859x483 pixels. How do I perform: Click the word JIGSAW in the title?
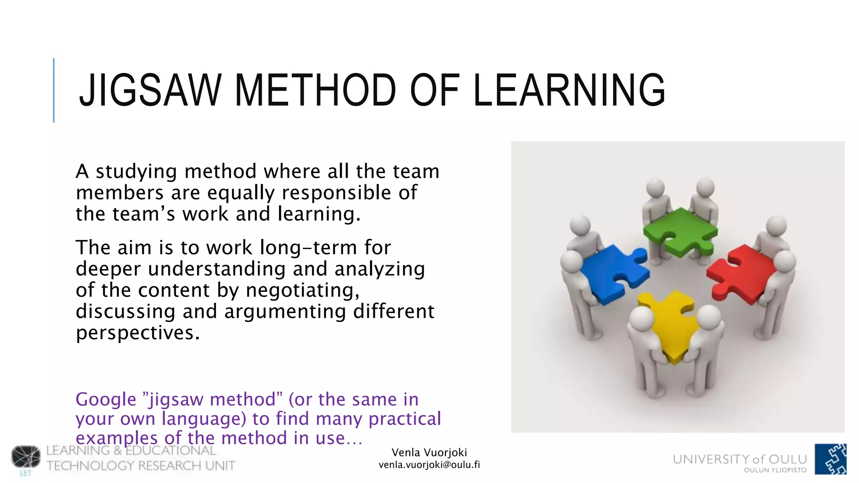click(x=150, y=90)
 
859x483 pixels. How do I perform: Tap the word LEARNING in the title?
click(x=569, y=90)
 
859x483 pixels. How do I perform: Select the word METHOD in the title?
click(x=315, y=90)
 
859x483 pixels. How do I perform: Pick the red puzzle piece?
click(x=740, y=273)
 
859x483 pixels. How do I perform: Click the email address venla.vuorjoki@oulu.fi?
click(x=429, y=465)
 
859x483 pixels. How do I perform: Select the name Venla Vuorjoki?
click(x=429, y=452)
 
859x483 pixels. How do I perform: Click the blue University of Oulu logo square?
click(x=830, y=459)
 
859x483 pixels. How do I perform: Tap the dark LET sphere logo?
click(x=26, y=457)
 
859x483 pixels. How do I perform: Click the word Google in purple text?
click(x=106, y=399)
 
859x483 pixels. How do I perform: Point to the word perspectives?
click(x=138, y=333)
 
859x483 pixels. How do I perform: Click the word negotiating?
click(x=302, y=290)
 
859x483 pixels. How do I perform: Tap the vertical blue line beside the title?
click(x=54, y=90)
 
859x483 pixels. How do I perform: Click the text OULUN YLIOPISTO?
click(x=775, y=470)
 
